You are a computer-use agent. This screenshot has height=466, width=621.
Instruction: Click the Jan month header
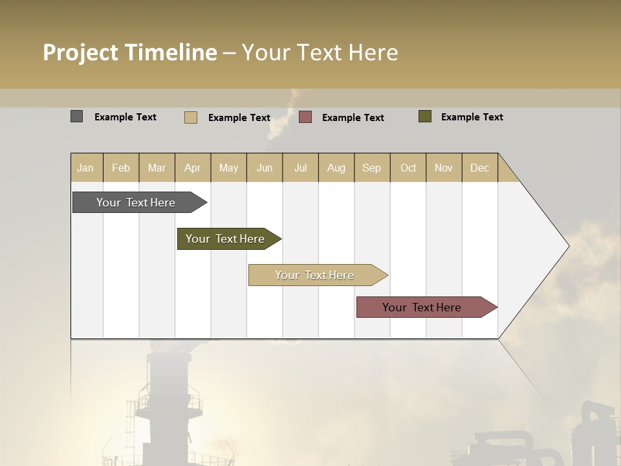85,168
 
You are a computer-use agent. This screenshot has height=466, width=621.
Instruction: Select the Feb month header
121,168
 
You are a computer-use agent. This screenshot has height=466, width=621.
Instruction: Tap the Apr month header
193,168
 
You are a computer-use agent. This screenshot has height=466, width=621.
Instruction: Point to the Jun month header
265,168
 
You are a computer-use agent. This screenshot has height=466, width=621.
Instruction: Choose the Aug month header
336,168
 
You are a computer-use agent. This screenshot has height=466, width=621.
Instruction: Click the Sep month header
372,168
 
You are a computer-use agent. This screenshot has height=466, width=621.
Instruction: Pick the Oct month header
408,168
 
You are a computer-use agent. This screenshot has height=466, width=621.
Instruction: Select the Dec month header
480,168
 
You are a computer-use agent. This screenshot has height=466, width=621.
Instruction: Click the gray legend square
77,116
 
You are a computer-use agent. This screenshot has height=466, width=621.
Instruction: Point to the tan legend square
191,117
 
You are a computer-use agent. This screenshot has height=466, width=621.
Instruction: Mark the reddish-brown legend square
305,116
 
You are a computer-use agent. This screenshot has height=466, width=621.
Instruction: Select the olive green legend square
425,116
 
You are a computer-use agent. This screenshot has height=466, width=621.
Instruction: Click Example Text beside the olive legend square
472,117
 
